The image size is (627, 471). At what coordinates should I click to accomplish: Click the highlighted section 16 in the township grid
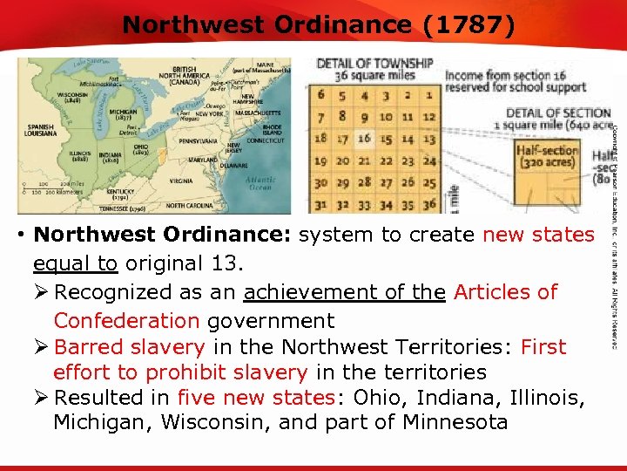364,138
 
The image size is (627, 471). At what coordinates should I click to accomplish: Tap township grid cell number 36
428,206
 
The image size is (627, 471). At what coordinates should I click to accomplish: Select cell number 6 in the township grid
320,94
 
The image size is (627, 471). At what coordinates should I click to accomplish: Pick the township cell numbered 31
320,206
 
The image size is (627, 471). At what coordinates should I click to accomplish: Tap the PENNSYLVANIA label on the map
200,140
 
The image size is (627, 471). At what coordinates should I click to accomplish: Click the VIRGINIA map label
180,181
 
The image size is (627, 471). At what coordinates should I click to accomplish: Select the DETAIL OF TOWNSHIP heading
374,63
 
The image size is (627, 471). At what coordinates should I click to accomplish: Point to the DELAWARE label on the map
233,164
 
